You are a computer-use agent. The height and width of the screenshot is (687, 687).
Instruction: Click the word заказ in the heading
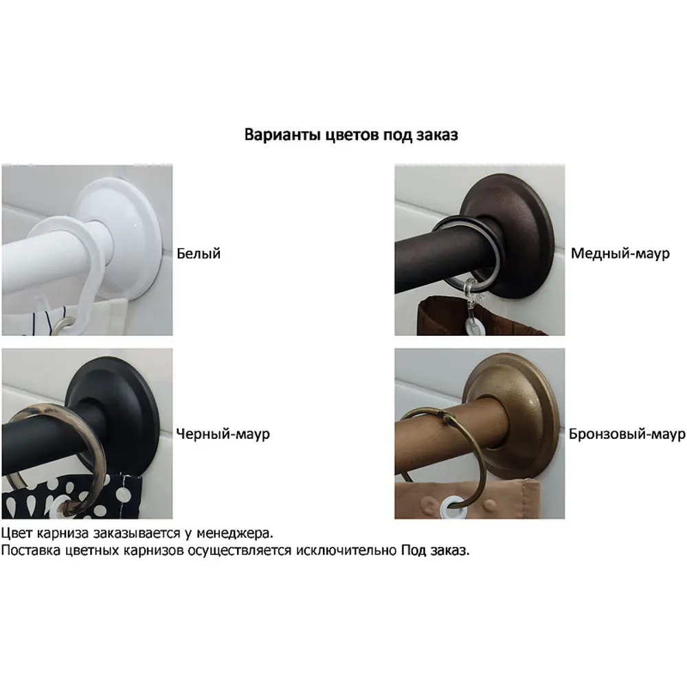[437, 135]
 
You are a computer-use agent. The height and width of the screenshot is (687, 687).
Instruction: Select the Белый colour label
[199, 254]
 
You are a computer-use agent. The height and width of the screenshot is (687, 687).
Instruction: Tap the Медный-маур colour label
[620, 254]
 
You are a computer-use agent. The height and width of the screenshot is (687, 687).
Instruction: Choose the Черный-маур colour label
[223, 433]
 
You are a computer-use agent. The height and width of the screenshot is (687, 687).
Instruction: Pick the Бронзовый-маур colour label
[627, 433]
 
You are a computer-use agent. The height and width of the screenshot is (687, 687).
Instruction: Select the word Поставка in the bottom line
[31, 550]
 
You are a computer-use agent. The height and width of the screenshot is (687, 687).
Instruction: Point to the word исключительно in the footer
[346, 550]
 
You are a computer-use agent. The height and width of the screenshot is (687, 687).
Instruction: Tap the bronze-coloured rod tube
[451, 438]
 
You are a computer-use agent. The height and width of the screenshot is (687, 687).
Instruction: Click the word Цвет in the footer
[17, 533]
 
